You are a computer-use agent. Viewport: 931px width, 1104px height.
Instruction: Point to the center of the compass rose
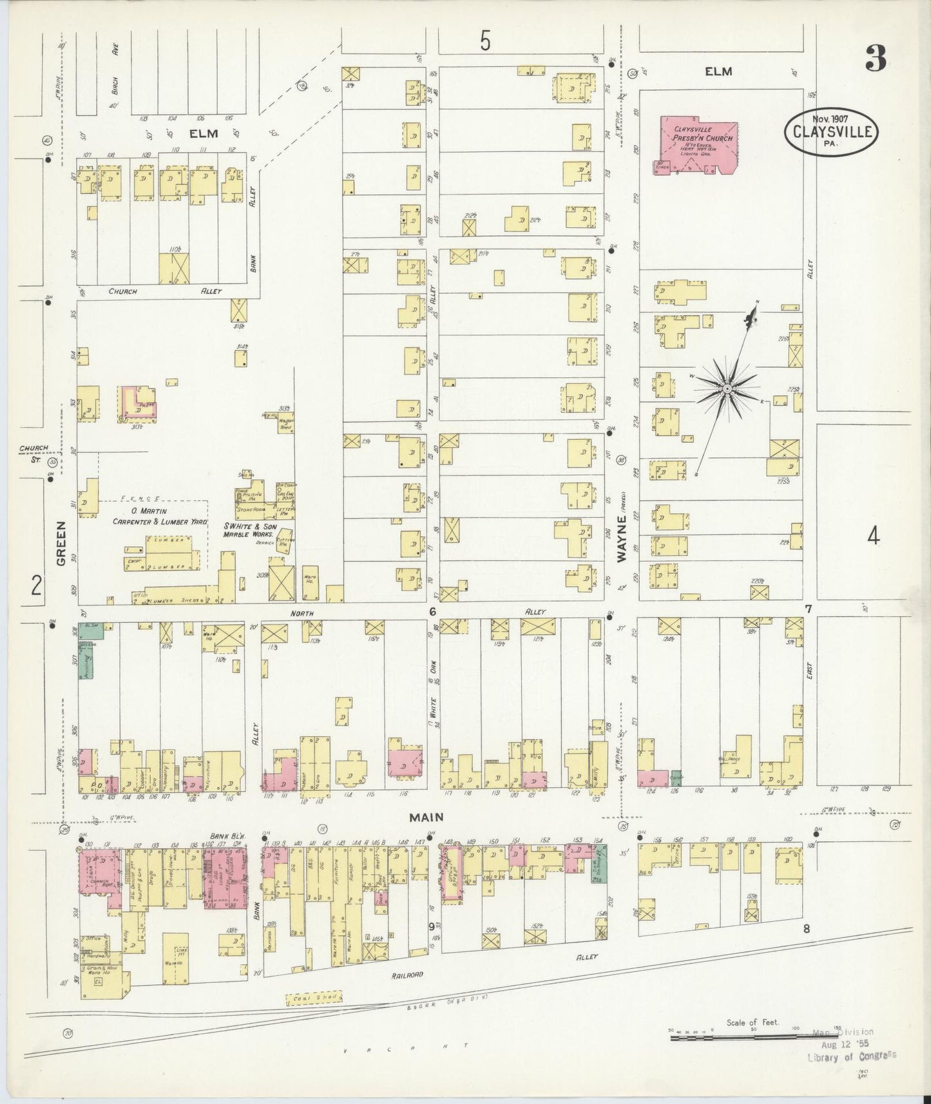point(727,389)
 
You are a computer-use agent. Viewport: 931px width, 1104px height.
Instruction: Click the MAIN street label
point(428,817)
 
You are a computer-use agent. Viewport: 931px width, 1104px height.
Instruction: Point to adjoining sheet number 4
point(873,536)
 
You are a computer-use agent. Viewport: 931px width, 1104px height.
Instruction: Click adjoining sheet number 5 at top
point(485,41)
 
